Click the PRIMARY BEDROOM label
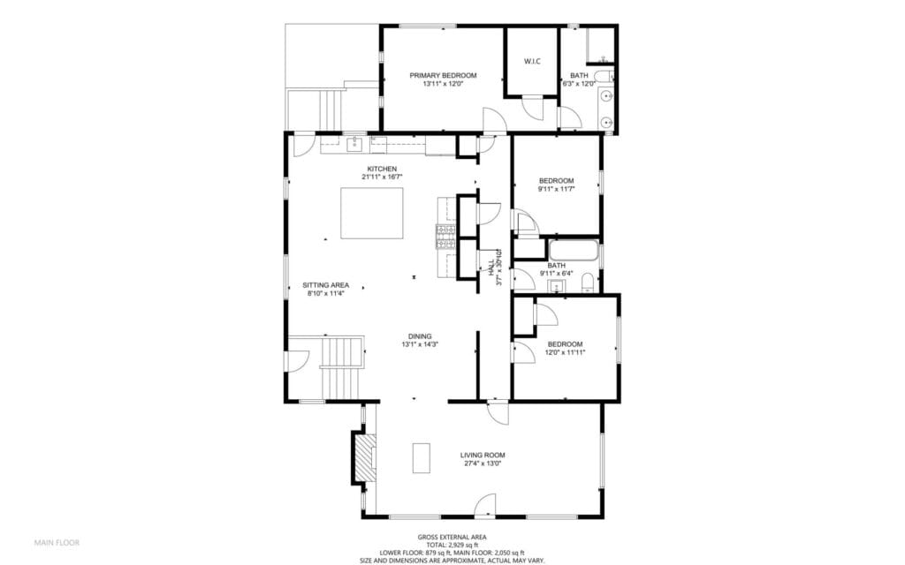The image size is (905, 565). tap(443, 76)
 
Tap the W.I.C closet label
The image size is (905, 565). tap(532, 61)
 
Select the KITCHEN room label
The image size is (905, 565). tap(382, 169)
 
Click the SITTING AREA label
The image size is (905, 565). tap(326, 285)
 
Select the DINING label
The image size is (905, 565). tap(420, 336)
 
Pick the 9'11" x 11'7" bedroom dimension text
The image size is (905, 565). tap(557, 189)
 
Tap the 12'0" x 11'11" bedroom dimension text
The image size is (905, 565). tap(565, 352)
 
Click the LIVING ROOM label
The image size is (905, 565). tap(483, 456)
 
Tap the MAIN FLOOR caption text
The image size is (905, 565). tap(56, 541)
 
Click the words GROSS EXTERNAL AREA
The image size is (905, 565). tap(452, 537)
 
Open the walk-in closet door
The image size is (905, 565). tap(534, 108)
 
